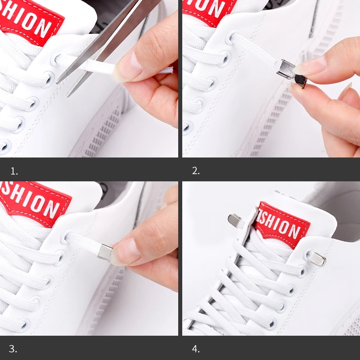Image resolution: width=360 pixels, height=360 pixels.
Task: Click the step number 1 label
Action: tap(14, 171)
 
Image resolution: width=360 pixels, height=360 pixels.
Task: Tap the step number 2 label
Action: tap(196, 171)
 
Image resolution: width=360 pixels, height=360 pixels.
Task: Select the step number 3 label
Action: tap(13, 349)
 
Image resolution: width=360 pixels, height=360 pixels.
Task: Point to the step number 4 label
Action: tap(196, 349)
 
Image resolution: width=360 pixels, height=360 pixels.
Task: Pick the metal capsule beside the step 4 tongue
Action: tap(235, 220)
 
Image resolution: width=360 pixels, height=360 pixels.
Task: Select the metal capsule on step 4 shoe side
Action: tap(316, 258)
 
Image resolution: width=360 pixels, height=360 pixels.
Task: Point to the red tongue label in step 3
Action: tap(34, 202)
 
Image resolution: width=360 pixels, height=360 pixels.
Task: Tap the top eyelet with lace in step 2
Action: tap(233, 37)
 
